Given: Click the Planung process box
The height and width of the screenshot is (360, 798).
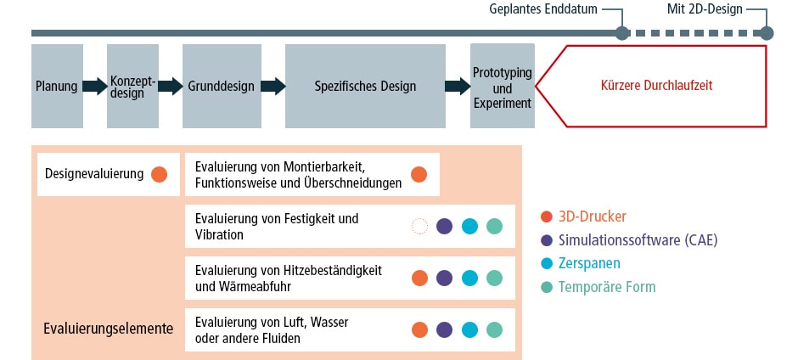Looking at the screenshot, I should coord(57,86).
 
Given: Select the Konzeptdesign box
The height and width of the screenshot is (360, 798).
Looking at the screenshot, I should coord(133,86).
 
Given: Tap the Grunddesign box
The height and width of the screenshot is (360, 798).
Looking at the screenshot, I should coord(222,86).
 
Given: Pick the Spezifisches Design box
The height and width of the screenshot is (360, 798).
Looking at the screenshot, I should coord(365,86).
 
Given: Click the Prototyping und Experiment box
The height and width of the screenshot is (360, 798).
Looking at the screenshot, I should coord(502,86).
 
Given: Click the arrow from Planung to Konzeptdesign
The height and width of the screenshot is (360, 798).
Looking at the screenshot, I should coord(94,86).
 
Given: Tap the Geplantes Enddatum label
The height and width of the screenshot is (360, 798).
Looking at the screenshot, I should coord(543,9).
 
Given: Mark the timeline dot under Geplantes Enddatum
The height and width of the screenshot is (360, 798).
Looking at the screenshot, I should coord(622,33).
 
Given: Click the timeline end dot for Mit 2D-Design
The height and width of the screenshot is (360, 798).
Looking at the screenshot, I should coord(767,33).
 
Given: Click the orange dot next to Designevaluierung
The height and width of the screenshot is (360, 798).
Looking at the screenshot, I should coord(159,175).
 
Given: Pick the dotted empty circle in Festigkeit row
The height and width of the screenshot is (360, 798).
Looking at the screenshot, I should coord(419,227).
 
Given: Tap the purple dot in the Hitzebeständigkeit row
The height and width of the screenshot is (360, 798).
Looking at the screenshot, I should coord(444,278).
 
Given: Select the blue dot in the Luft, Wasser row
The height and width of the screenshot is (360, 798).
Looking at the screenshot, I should coord(469,329).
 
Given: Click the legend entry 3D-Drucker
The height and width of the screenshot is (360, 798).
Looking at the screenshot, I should coord(592,217).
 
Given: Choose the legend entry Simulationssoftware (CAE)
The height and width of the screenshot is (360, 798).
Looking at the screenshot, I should coord(638,240).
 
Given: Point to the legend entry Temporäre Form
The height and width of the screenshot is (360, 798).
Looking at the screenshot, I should coord(606,287).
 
